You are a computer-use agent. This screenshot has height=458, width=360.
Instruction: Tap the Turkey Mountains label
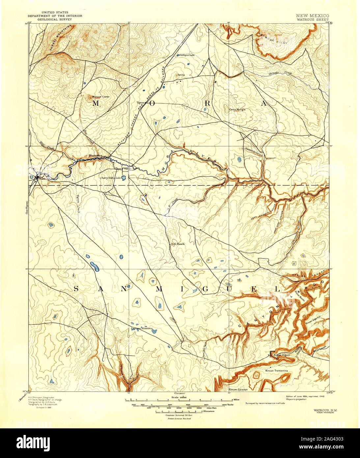[x=61, y=38]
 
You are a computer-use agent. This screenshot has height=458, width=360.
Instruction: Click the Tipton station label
[x=140, y=103]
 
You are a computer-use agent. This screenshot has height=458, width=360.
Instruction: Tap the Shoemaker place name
[x=96, y=155]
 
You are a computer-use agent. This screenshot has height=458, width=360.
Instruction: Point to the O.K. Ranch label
[x=178, y=244]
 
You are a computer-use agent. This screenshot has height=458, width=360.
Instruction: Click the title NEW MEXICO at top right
[x=312, y=15]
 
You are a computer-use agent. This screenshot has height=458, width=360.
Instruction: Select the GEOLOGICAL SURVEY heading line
[x=55, y=19]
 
